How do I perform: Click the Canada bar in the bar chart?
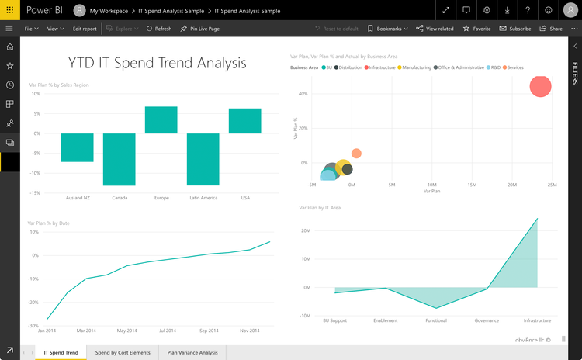point(120,159)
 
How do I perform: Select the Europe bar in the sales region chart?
point(161,119)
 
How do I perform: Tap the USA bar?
point(245,121)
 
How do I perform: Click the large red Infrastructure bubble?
point(541,86)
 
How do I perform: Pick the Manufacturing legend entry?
point(417,67)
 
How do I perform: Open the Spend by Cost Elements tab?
point(123,353)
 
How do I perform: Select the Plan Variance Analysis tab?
point(193,353)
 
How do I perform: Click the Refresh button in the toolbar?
point(158,29)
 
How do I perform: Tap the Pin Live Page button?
point(199,29)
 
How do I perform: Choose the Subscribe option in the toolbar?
point(514,29)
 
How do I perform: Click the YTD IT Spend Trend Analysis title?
point(158,63)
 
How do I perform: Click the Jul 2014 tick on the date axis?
point(168,331)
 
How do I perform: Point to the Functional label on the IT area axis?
point(436,320)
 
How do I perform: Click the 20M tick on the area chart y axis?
point(306,230)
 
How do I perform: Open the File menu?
point(32,29)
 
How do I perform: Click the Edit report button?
point(85,29)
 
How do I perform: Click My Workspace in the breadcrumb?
point(109,11)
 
